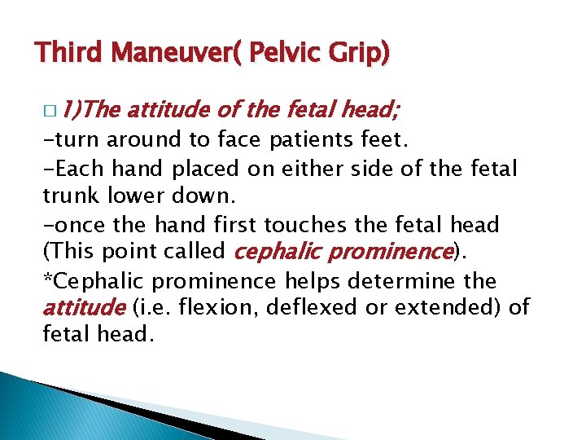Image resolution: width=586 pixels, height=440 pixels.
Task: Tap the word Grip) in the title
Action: coord(358,53)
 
